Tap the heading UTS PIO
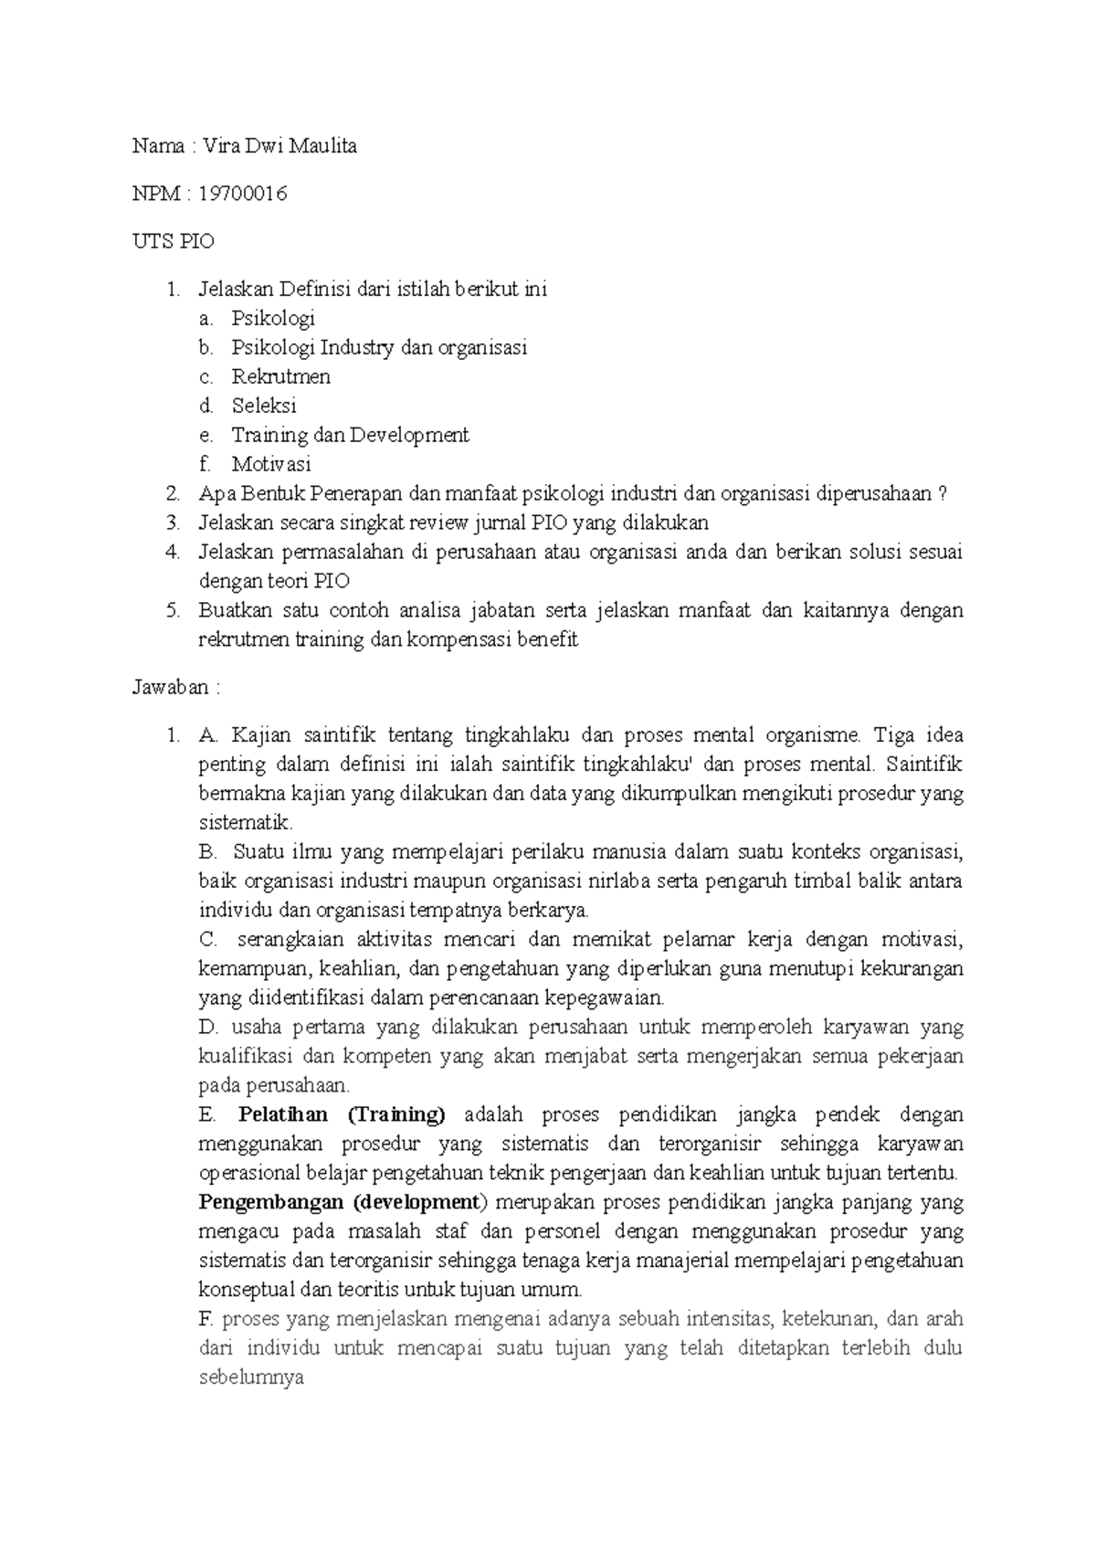(x=174, y=242)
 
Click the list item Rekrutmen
(x=280, y=376)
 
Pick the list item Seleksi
(x=264, y=406)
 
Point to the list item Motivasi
(x=271, y=464)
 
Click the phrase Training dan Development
(x=350, y=435)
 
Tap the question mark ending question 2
(x=942, y=494)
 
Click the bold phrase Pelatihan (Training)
(x=342, y=1115)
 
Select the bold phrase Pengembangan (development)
(x=341, y=1203)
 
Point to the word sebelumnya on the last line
(x=250, y=1378)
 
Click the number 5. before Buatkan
(x=174, y=611)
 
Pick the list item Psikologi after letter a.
(x=273, y=318)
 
